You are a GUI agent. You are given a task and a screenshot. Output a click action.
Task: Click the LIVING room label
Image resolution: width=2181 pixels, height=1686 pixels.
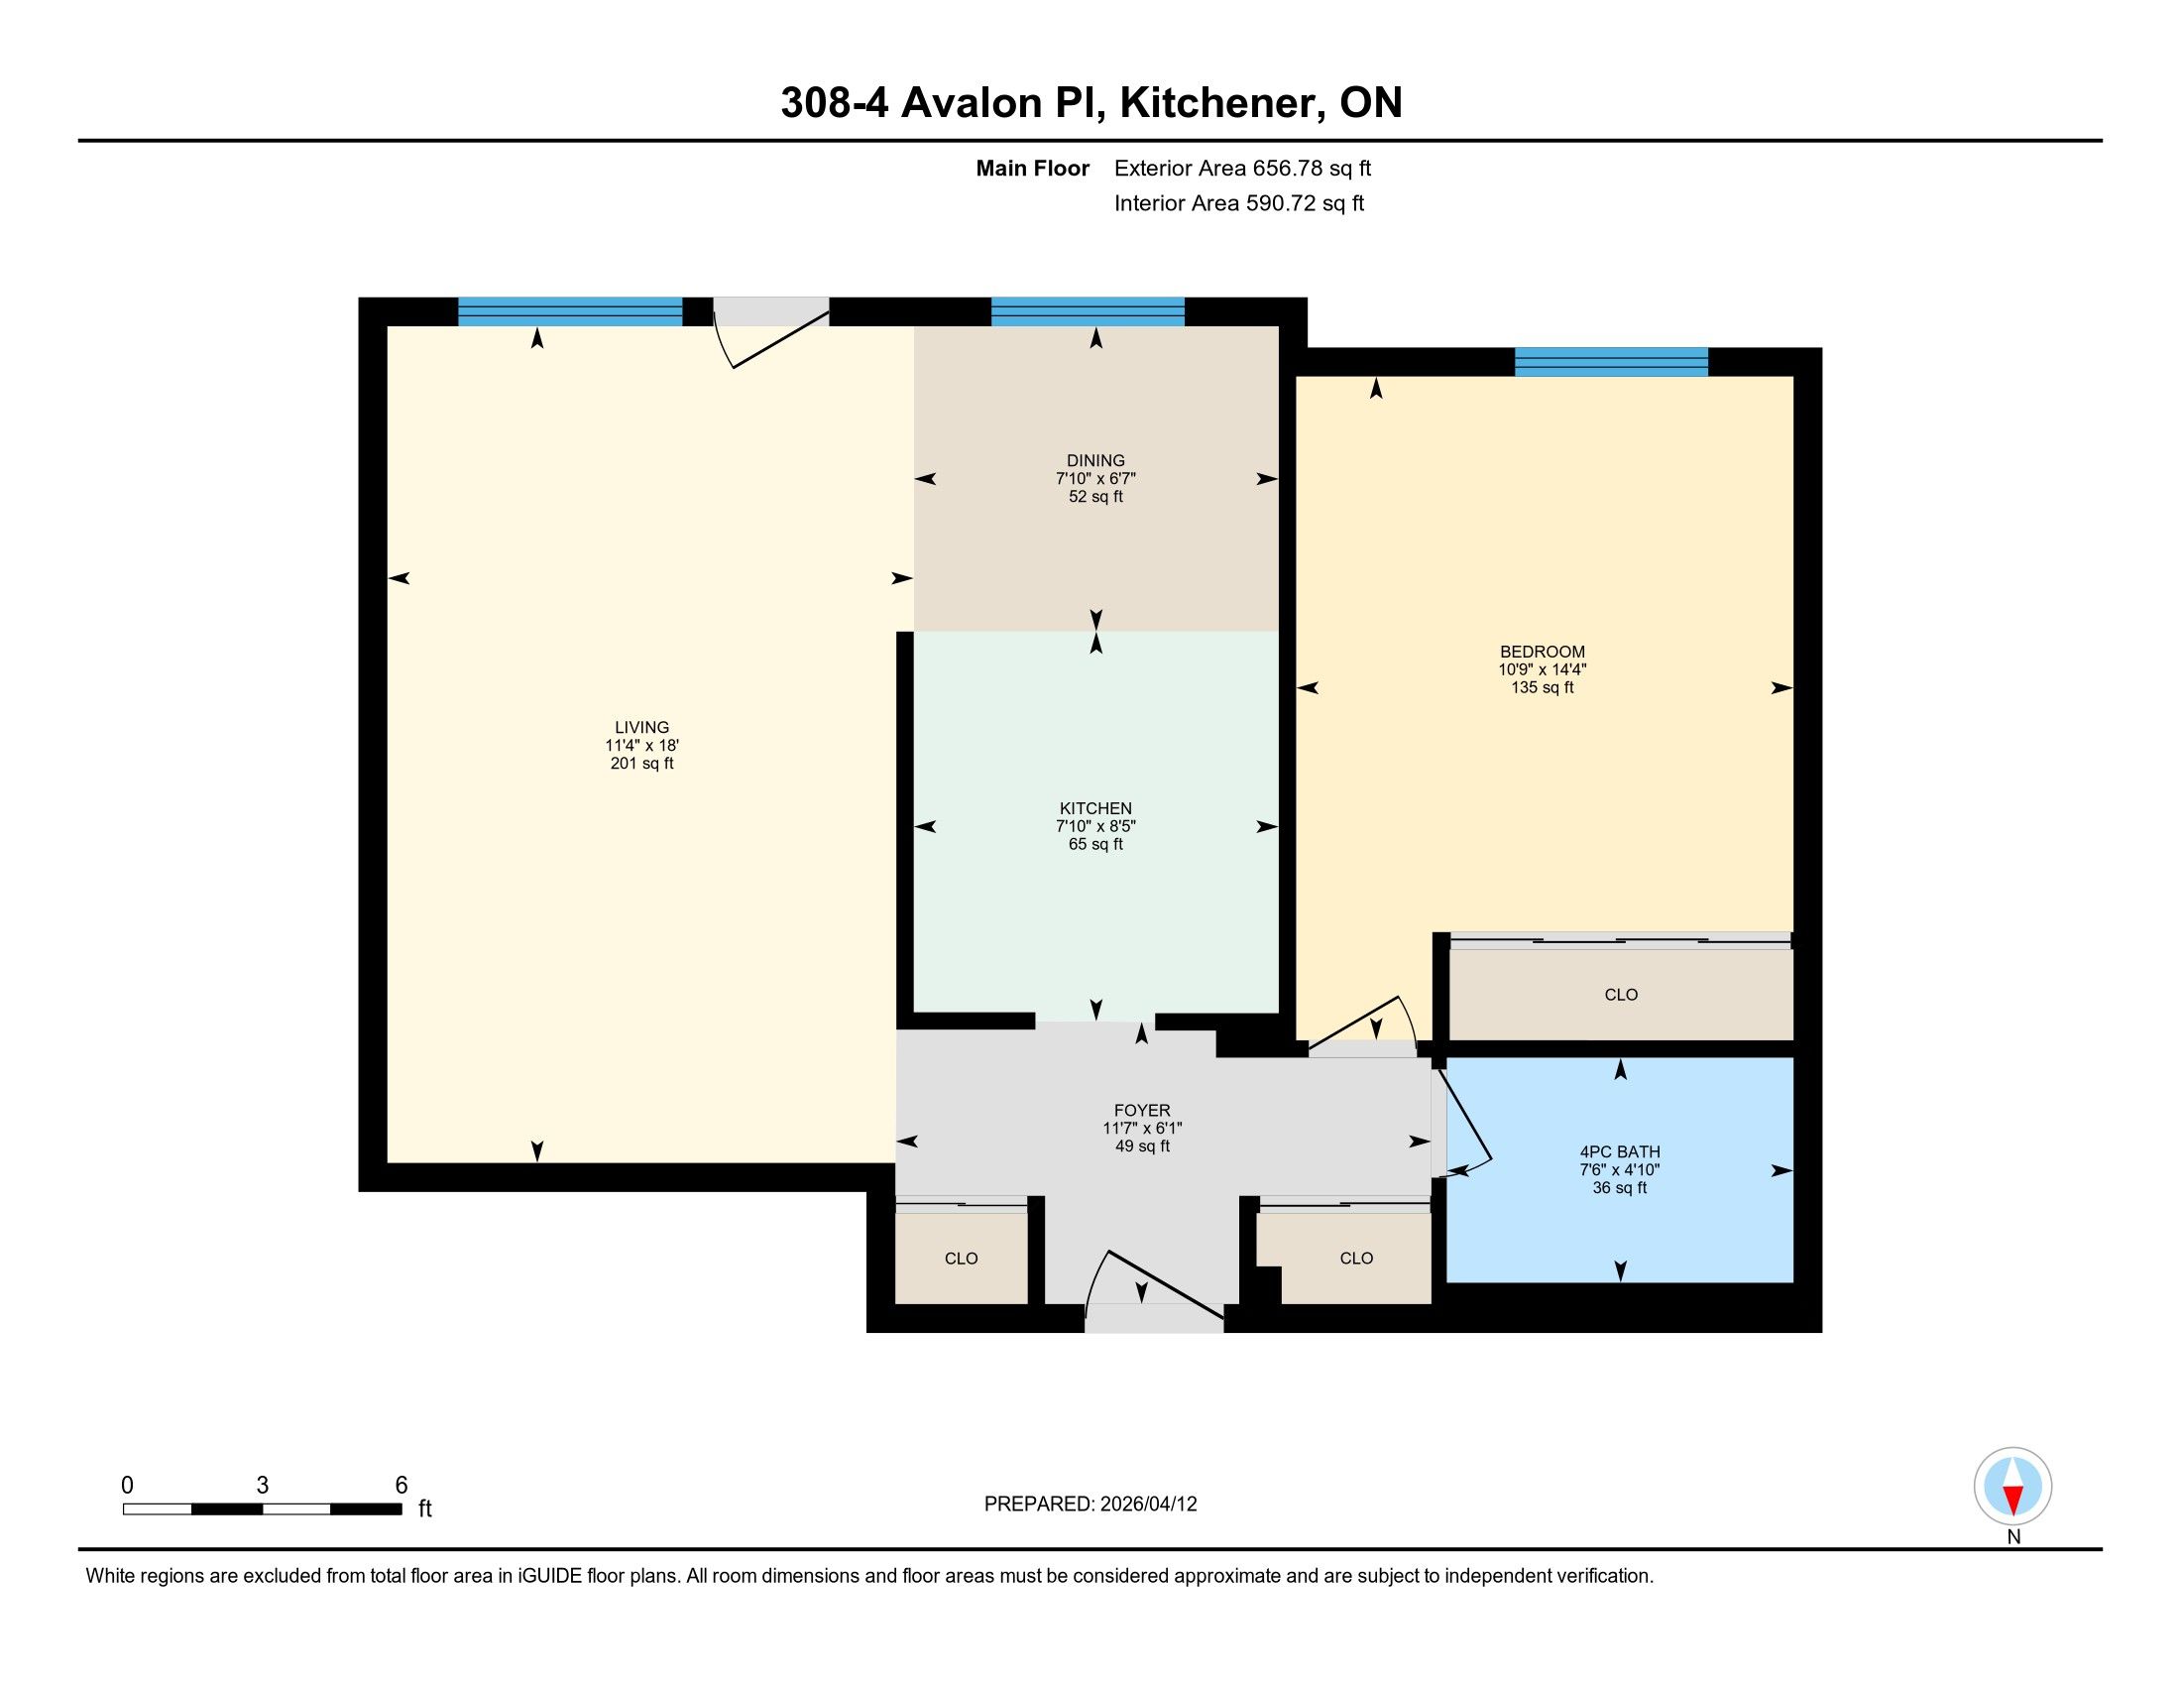pos(642,727)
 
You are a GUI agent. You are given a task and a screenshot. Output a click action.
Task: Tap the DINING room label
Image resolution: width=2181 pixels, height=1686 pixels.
pos(1095,460)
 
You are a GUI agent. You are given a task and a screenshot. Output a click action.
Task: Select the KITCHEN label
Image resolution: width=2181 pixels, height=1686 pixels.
pos(1095,808)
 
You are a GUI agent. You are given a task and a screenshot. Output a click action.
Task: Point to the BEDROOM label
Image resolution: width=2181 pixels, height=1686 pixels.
pos(1542,652)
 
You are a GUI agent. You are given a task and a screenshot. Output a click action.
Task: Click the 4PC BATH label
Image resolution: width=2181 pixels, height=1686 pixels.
pos(1619,1151)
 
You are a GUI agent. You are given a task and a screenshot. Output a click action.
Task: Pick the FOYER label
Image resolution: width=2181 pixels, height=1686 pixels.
pos(1142,1110)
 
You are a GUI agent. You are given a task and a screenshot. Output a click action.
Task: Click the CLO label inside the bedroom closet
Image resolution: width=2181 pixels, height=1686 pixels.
pos(1621,994)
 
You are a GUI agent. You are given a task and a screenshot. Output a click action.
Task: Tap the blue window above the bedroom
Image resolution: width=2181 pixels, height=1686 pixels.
pos(1611,362)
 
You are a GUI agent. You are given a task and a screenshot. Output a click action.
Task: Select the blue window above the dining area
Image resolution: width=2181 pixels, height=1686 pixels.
pos(1088,311)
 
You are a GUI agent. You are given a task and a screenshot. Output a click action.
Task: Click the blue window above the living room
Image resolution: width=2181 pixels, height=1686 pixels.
pos(570,311)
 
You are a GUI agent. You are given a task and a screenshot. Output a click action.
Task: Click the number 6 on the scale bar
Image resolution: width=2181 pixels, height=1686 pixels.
pos(402,1486)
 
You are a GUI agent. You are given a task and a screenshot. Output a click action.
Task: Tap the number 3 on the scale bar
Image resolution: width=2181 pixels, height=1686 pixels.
pos(263,1486)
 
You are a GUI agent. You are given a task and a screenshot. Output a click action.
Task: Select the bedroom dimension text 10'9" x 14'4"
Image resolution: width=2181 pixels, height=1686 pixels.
pos(1542,669)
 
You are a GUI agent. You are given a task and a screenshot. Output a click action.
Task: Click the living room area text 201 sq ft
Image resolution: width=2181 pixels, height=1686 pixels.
pos(642,763)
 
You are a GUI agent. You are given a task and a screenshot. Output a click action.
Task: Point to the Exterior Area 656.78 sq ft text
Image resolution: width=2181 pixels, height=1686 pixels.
pos(1242,168)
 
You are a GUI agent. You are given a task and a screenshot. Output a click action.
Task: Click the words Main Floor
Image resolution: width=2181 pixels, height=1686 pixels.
pos(1033,168)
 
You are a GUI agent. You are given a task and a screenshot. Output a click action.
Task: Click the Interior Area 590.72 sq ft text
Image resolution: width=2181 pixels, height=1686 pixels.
pos(1239,202)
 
